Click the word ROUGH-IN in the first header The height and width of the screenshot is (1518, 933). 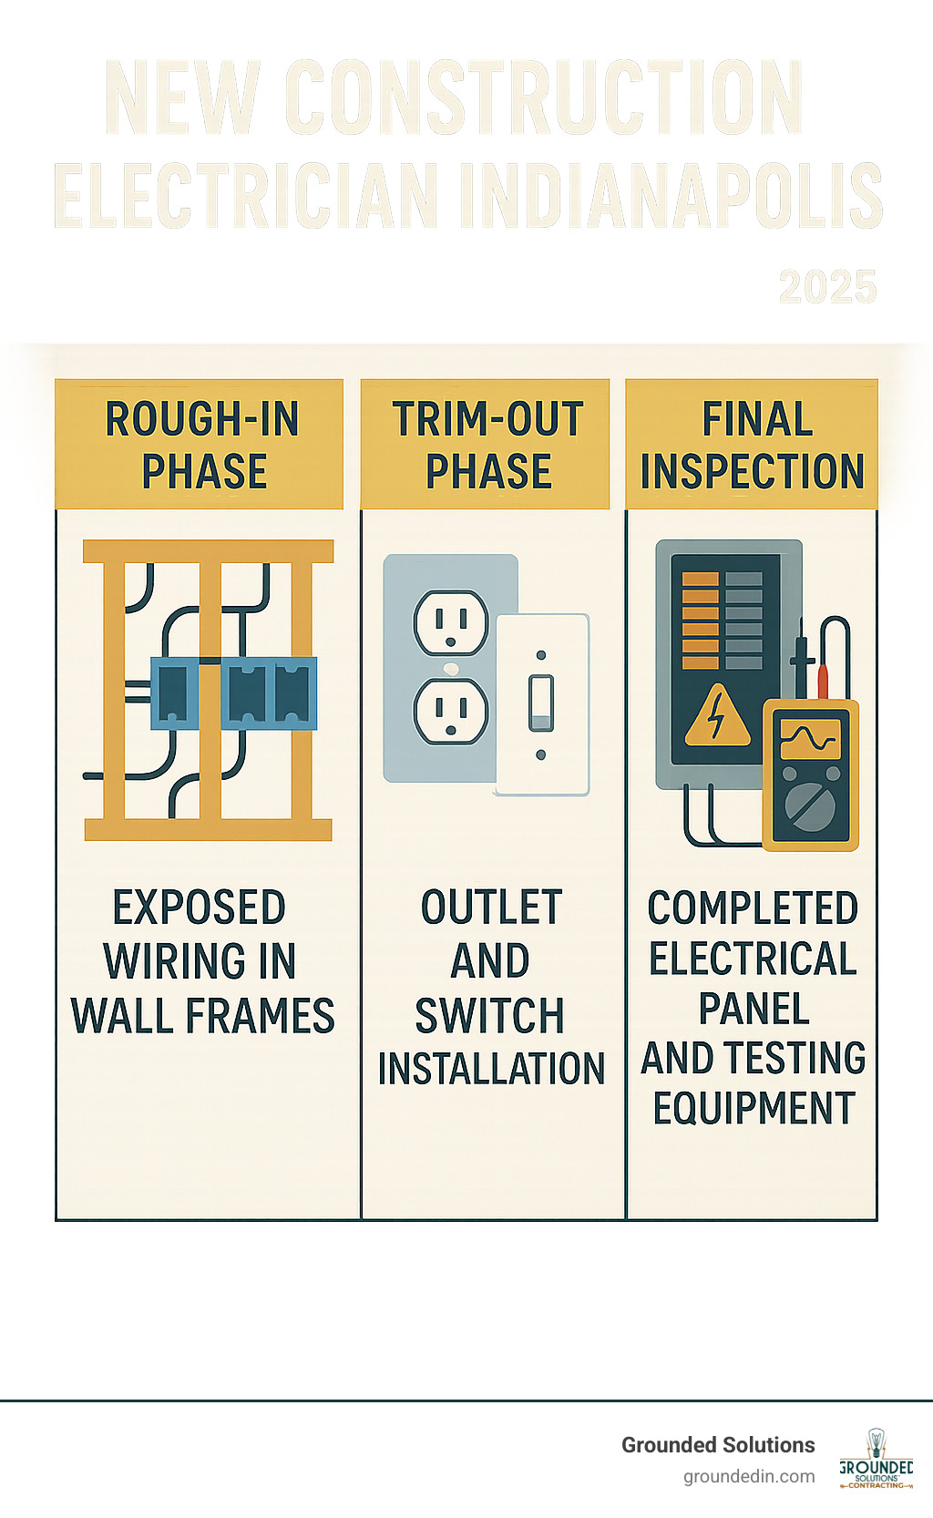click(x=202, y=419)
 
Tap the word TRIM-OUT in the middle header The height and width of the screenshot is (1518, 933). click(x=488, y=419)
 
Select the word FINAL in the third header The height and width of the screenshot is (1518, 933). click(x=757, y=419)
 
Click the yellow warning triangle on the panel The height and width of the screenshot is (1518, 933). click(x=717, y=715)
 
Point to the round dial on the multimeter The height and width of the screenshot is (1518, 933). click(x=808, y=806)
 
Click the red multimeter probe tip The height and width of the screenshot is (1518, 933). click(x=822, y=680)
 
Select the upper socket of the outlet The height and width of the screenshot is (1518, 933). click(x=451, y=622)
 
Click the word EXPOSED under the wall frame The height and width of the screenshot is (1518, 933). click(x=200, y=908)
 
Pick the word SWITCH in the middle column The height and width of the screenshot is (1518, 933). click(x=490, y=1016)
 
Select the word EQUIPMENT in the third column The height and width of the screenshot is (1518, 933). click(x=754, y=1109)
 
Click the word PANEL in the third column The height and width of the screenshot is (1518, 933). click(x=754, y=1009)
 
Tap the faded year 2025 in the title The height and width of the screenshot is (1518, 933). click(x=827, y=287)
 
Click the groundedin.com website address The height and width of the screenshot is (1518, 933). click(x=749, y=1476)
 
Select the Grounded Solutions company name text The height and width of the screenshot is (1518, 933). click(x=718, y=1445)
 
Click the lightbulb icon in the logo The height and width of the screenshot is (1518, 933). click(x=876, y=1442)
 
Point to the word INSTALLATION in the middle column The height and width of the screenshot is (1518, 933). click(x=491, y=1069)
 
